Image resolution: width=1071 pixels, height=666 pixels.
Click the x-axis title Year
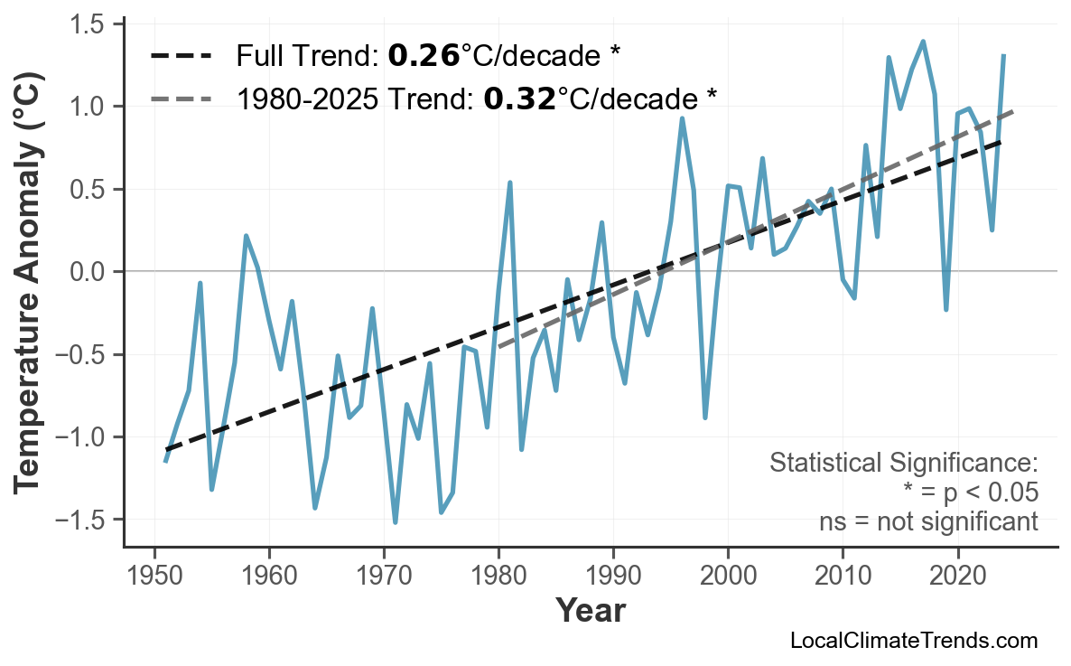click(590, 611)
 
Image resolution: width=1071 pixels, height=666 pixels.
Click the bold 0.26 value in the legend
click(423, 57)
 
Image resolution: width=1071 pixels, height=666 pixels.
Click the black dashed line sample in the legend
click(181, 57)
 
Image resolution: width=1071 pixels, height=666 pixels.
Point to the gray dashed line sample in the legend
click(181, 98)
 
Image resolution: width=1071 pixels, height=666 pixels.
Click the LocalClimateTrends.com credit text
click(913, 641)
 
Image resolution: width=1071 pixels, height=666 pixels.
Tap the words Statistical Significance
click(903, 464)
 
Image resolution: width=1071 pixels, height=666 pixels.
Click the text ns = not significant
click(928, 521)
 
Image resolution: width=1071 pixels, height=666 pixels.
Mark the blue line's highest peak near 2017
click(923, 42)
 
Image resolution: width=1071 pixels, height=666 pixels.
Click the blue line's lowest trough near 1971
click(396, 522)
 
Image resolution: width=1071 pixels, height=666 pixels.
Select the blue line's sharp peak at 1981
click(510, 183)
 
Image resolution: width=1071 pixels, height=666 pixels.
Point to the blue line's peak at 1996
click(682, 118)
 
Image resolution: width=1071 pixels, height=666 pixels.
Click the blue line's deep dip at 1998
click(705, 417)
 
